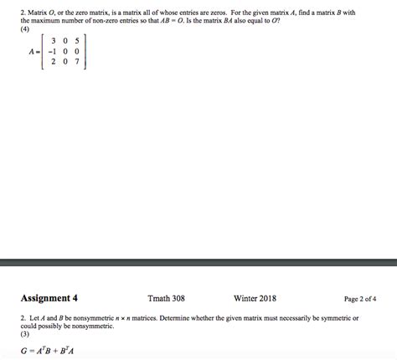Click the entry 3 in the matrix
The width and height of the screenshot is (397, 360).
(x=54, y=40)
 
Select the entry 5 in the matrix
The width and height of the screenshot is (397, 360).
(x=76, y=40)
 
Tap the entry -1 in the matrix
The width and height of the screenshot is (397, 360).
(x=52, y=50)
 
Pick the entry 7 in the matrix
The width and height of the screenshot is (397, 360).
(x=76, y=61)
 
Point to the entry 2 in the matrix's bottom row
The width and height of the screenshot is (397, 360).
(x=54, y=61)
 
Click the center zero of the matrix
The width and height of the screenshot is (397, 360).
(x=65, y=50)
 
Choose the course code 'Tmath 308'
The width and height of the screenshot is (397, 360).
(x=166, y=298)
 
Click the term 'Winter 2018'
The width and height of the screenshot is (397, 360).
(x=255, y=298)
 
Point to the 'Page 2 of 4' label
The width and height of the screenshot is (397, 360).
(x=359, y=298)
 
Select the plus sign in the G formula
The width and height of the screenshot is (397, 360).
(x=57, y=350)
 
